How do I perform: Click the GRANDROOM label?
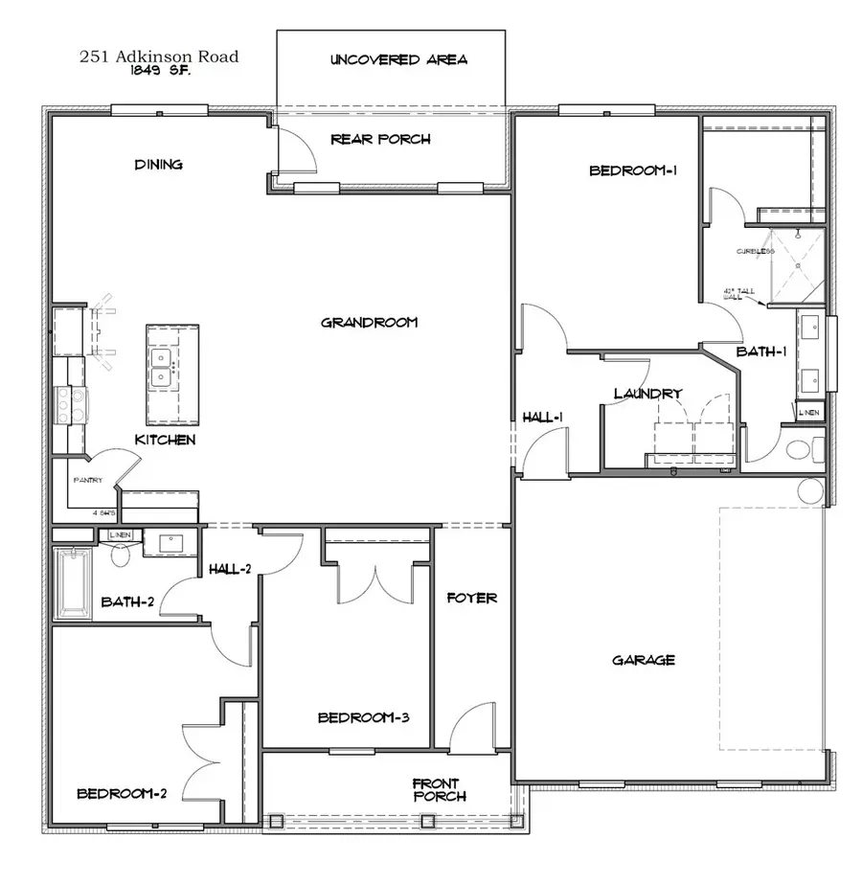369,323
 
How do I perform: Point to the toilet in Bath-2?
121,555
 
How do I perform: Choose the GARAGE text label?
644,660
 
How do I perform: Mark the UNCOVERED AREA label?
398,59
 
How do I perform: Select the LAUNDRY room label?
647,394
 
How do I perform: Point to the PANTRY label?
87,481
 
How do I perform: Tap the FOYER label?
472,598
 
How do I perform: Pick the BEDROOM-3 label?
364,717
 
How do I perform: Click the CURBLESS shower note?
756,252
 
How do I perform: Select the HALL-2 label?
230,569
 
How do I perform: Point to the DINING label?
158,165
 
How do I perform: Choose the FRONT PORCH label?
440,790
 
